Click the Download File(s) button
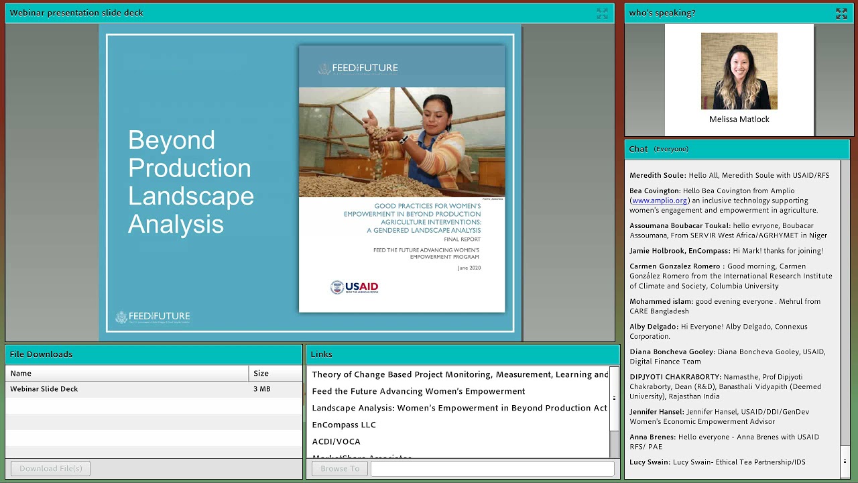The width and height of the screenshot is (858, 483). coord(50,468)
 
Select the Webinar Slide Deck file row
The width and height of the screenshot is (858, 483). coord(44,389)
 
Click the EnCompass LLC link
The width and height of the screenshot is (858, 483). coord(344,425)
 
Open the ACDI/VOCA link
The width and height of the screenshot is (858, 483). coord(336,441)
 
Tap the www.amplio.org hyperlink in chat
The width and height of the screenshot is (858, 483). coord(660,201)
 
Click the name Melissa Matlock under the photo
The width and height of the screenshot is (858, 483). coord(739,119)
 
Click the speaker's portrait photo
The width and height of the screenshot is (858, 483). coord(739,71)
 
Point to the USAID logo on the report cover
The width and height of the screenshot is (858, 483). coord(355,287)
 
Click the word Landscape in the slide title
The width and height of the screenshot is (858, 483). coord(190,196)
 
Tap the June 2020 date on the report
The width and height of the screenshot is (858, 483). coord(469,268)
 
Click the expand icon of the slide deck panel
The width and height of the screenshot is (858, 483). coord(602,13)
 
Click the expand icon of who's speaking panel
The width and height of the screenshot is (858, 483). coord(841,13)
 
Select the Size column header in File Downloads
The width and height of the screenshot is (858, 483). coord(261,374)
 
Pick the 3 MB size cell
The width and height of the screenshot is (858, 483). coord(261,389)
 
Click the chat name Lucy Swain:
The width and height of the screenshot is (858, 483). coord(650,462)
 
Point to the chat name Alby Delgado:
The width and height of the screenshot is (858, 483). coord(653,327)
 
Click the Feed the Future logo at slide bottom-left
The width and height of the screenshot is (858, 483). coord(153,317)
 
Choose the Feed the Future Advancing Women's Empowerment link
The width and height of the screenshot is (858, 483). coord(418,391)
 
